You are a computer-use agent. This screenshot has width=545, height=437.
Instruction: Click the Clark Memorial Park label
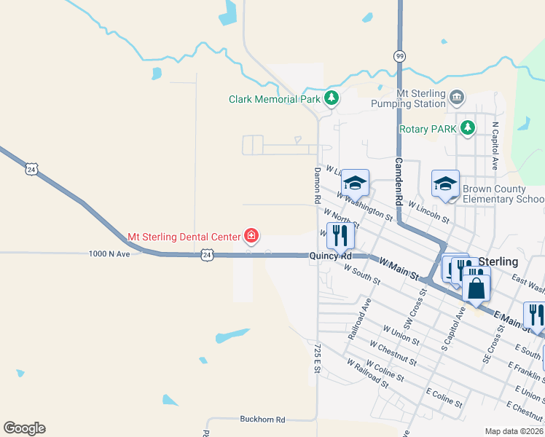pyautogui.click(x=273, y=99)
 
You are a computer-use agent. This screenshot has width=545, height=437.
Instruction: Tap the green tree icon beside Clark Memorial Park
pyautogui.click(x=332, y=98)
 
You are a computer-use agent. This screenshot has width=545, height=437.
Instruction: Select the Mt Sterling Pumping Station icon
pyautogui.click(x=457, y=97)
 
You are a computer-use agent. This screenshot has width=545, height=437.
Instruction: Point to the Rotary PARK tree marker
pyautogui.click(x=467, y=129)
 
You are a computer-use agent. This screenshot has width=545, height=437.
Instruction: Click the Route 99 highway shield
pyautogui.click(x=399, y=56)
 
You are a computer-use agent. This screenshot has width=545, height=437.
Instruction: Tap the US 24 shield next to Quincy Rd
pyautogui.click(x=208, y=255)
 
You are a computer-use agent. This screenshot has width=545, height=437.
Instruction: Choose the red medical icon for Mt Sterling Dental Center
pyautogui.click(x=251, y=235)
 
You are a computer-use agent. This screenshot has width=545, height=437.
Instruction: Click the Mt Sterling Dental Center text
pyautogui.click(x=184, y=236)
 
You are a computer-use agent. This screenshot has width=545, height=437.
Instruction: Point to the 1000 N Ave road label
pyautogui.click(x=109, y=253)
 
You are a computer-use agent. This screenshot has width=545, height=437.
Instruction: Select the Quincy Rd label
pyautogui.click(x=330, y=256)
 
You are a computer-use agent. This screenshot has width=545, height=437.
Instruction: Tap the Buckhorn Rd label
pyautogui.click(x=262, y=420)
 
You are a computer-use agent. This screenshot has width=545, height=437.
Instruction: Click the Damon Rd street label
pyautogui.click(x=318, y=184)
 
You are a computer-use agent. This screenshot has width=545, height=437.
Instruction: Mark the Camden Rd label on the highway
pyautogui.click(x=399, y=182)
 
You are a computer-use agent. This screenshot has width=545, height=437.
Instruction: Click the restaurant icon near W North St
pyautogui.click(x=340, y=235)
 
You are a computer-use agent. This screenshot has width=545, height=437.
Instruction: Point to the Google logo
pyautogui.click(x=24, y=428)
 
